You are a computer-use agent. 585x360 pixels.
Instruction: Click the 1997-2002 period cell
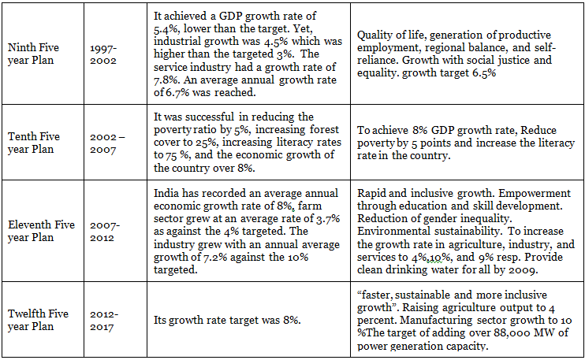pos(107,52)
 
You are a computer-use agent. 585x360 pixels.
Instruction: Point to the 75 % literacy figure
pos(168,155)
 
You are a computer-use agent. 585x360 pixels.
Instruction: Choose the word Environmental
pos(393,231)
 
